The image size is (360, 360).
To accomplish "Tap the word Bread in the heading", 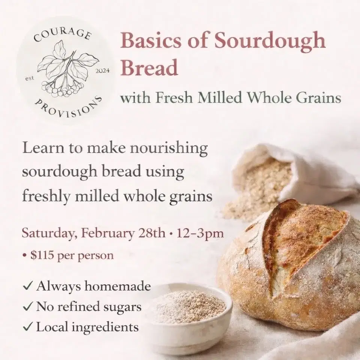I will pos(149,68).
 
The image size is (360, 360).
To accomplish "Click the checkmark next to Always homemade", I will pos(27,287).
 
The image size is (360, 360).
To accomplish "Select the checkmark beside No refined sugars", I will pos(27,307).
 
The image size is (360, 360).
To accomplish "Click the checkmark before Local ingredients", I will pos(27,327).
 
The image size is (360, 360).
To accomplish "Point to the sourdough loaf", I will pos(292,262).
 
